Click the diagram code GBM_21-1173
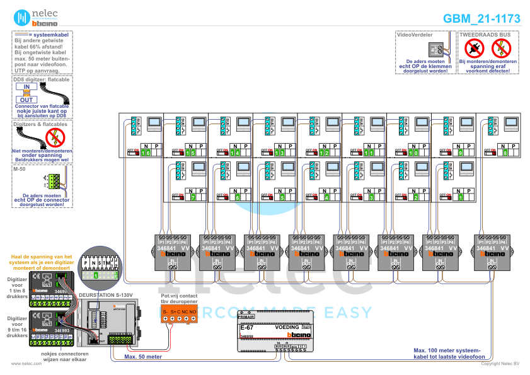click(481, 19)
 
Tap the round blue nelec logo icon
click(23, 18)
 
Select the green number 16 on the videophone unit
click(146, 153)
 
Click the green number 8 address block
click(504, 153)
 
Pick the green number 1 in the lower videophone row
click(459, 198)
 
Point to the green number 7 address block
click(192, 198)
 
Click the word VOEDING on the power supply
click(287, 328)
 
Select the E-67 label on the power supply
click(246, 328)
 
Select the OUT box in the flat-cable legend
click(26, 100)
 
